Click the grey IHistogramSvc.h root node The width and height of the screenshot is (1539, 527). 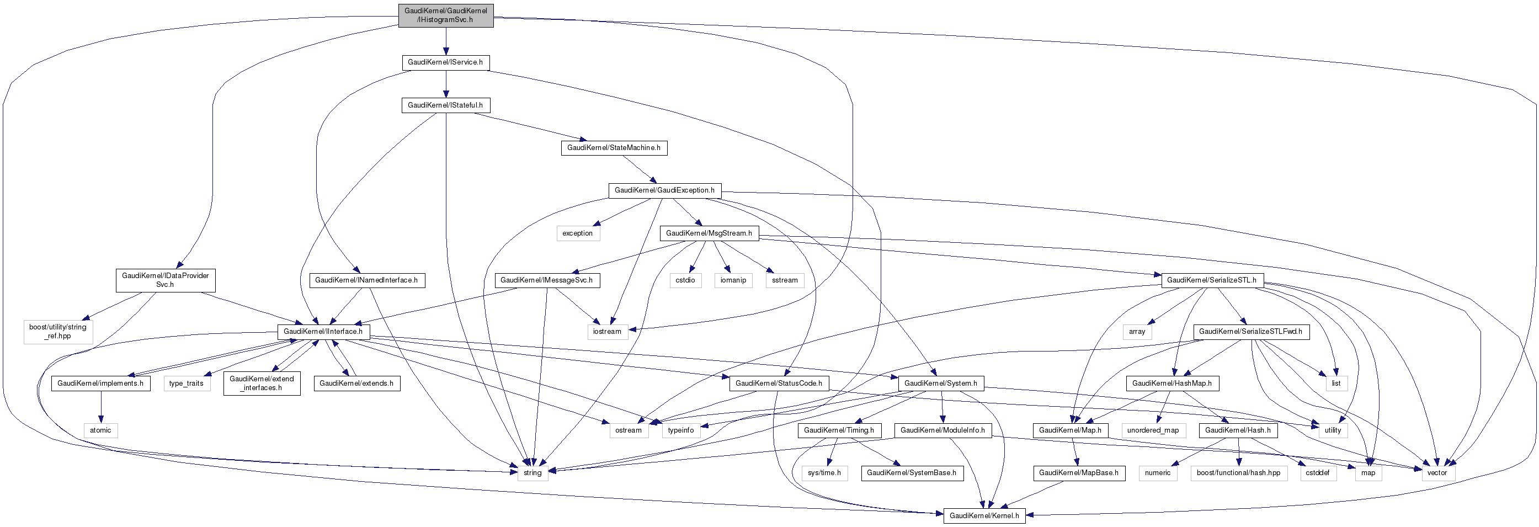pos(446,15)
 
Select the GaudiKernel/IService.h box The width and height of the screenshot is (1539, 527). pos(445,62)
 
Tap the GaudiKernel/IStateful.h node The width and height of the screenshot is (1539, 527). pos(445,105)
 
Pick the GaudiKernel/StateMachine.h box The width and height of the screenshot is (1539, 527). pos(614,147)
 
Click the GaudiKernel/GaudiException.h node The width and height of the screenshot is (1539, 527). pos(664,190)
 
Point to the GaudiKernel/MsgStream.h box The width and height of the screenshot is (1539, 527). pos(709,233)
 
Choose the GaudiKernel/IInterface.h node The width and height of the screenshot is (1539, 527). pos(323,331)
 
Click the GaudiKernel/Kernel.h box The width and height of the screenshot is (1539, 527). pos(984,515)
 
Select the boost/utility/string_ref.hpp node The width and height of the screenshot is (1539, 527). pos(58,331)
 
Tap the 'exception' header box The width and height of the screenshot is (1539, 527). pos(577,233)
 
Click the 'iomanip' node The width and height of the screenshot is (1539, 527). pos(733,280)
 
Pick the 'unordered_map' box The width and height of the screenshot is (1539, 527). pos(1153,430)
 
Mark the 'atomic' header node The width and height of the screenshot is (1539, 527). pos(100,430)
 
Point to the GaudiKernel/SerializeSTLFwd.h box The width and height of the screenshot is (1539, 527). pos(1250,331)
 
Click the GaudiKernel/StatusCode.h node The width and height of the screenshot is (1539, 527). pos(779,383)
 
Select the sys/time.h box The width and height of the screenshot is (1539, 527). pos(824,472)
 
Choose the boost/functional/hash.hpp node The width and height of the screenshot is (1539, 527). pos(1238,472)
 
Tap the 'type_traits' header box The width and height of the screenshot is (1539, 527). pos(187,383)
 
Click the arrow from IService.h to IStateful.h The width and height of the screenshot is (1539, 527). pos(446,84)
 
